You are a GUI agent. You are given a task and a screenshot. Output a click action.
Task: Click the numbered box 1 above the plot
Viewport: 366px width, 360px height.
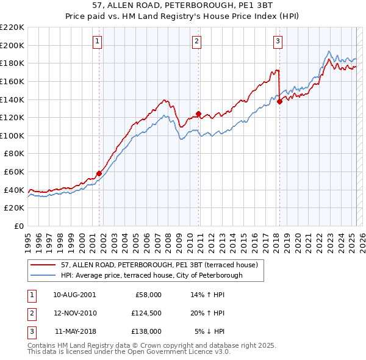pyautogui.click(x=98, y=41)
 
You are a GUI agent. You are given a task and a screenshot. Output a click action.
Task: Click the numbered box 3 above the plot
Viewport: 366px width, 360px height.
pyautogui.click(x=278, y=41)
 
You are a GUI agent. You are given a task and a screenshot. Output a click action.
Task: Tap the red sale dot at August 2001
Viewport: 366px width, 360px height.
pyautogui.click(x=99, y=173)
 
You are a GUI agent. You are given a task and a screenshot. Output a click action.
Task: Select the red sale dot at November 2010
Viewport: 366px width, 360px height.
pyautogui.click(x=199, y=113)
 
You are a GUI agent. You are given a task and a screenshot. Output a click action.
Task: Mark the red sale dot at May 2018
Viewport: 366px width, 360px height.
pyautogui.click(x=279, y=101)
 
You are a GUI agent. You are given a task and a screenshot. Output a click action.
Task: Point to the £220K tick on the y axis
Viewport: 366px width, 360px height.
pyautogui.click(x=12, y=27)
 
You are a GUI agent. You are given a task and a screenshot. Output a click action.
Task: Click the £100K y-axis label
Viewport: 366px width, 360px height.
pyautogui.click(x=12, y=135)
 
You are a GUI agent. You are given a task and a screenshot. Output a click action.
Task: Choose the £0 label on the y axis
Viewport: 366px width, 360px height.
pyautogui.click(x=18, y=226)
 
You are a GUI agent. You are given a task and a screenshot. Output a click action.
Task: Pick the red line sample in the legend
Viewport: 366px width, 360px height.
pyautogui.click(x=43, y=265)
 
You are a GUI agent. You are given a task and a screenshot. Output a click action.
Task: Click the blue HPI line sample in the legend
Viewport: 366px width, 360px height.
pyautogui.click(x=43, y=275)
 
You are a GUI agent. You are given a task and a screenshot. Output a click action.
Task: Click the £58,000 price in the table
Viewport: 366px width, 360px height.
pyautogui.click(x=146, y=295)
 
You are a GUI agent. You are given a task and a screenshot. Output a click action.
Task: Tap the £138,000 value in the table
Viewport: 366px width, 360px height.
pyautogui.click(x=146, y=332)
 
